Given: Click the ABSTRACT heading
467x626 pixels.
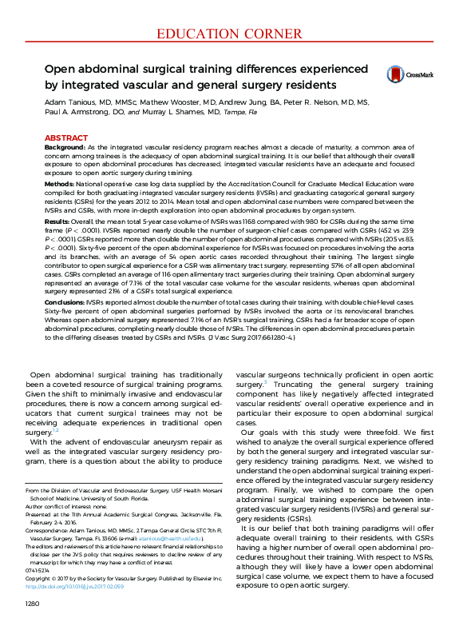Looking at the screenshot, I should click(65, 138).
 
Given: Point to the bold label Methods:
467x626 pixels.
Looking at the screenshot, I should click(60, 183).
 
